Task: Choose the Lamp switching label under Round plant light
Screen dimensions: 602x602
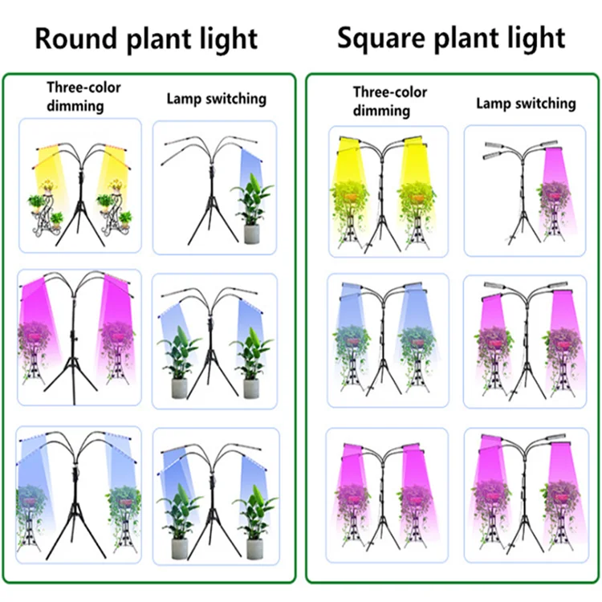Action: [x=216, y=100]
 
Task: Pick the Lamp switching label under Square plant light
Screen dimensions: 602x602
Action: [x=526, y=104]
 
